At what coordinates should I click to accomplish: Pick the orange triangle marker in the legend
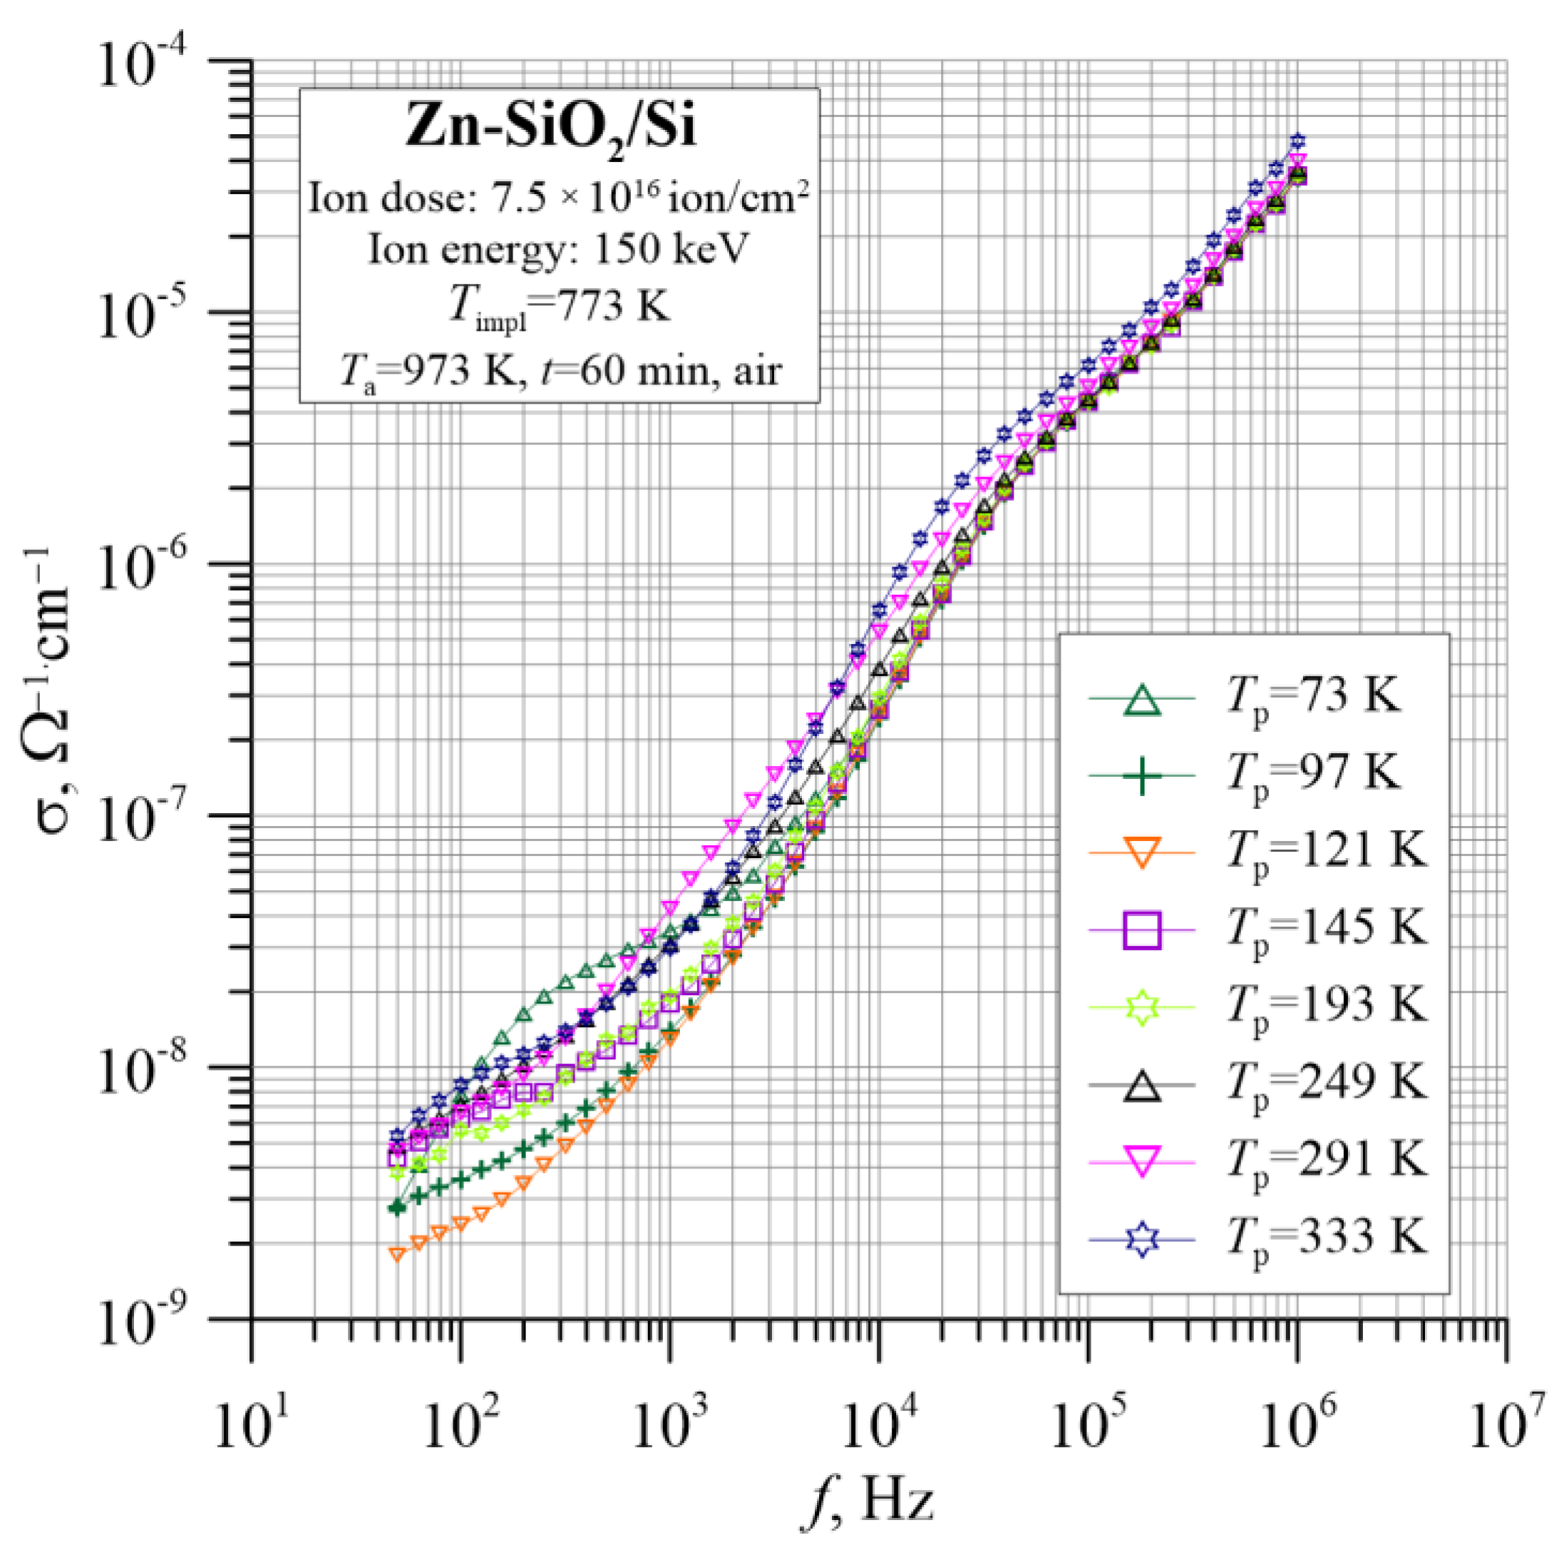pyautogui.click(x=1141, y=853)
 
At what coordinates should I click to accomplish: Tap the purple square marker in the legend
pyautogui.click(x=1141, y=929)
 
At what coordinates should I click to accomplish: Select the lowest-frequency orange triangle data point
pyautogui.click(x=396, y=1255)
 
